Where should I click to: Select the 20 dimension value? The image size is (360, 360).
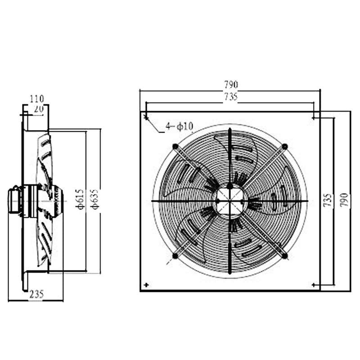(x=38, y=108)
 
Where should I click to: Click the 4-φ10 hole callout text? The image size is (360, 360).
(x=179, y=126)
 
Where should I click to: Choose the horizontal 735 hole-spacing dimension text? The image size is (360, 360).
(x=230, y=96)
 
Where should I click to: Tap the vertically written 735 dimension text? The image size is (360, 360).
(x=330, y=200)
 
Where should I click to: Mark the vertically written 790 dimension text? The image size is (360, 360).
(x=344, y=200)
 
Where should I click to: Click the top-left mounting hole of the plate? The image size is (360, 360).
(x=146, y=118)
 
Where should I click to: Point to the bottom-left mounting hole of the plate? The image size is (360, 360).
(x=146, y=285)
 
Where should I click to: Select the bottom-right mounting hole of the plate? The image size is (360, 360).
(x=314, y=285)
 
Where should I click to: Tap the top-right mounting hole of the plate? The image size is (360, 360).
(x=314, y=118)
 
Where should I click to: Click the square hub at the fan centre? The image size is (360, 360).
(x=230, y=201)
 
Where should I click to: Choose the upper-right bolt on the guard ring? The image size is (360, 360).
(x=285, y=146)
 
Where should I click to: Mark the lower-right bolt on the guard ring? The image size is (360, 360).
(x=285, y=256)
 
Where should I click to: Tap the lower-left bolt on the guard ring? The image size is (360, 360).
(x=175, y=256)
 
